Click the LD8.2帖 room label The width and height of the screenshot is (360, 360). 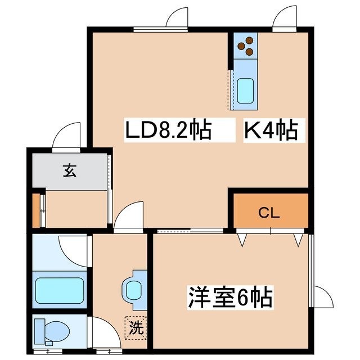[168, 130]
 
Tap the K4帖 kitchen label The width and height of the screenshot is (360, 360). [271, 130]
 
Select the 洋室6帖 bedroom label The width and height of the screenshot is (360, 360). [230, 298]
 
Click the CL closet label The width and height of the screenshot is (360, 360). [269, 213]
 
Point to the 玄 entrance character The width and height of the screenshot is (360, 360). [70, 170]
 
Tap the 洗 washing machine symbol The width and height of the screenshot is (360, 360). [136, 328]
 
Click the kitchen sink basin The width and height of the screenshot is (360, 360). [245, 91]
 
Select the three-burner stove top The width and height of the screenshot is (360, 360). [245, 46]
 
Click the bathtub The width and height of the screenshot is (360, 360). [60, 290]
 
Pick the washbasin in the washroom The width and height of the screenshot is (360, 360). [134, 290]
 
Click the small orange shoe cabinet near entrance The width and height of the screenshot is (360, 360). [36, 210]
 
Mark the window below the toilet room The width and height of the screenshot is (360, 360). [48, 351]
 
